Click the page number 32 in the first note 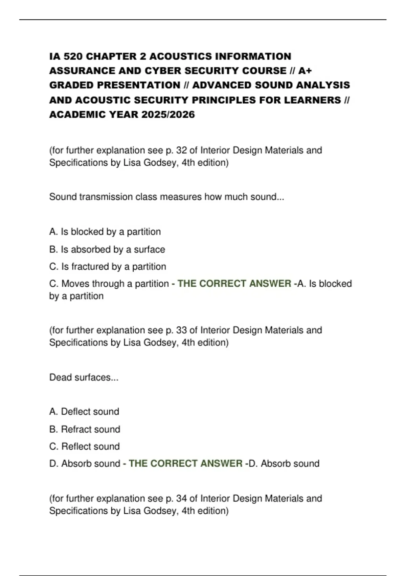point(181,150)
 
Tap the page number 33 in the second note point(181,330)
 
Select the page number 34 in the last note point(181,498)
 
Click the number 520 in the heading point(70,56)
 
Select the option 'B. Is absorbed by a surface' point(107,249)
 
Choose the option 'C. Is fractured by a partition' point(108,267)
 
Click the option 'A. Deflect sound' point(84,412)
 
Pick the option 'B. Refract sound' point(85,429)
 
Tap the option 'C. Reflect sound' point(85,447)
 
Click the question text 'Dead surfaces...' point(84,377)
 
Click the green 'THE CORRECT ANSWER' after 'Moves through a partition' point(234,284)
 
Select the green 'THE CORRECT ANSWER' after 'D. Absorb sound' point(185,464)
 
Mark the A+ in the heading point(305,71)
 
